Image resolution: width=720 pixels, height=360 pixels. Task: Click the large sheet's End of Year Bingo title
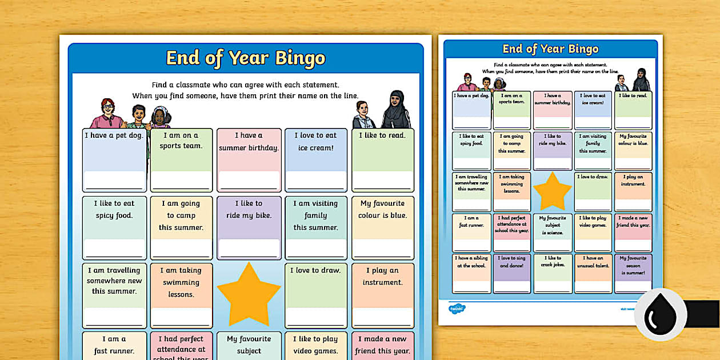(245, 58)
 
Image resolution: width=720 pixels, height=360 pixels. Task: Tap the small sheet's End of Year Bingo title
(550, 49)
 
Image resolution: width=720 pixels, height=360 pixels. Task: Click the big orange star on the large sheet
(249, 294)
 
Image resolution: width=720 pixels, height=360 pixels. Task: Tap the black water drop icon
(660, 314)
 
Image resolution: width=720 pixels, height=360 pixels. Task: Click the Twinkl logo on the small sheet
(457, 309)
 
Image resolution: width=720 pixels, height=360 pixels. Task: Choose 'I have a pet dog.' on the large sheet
(114, 135)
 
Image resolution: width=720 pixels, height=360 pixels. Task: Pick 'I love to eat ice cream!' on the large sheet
(315, 141)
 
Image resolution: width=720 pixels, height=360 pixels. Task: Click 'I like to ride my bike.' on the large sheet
(249, 209)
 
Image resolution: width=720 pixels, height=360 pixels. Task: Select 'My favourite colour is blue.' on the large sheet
(382, 209)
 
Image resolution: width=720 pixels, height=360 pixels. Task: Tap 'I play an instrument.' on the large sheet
(382, 276)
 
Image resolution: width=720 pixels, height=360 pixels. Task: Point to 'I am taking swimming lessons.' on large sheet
(181, 282)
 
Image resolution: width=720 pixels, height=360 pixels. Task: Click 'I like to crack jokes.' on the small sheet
(552, 262)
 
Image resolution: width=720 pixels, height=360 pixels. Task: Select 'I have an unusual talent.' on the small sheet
(593, 262)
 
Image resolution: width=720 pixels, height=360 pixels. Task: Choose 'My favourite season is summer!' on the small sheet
(633, 265)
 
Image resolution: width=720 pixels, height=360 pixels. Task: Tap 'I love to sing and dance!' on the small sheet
(512, 262)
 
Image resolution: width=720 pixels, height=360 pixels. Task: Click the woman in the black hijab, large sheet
(395, 110)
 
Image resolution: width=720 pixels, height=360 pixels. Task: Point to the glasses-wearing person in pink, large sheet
(107, 114)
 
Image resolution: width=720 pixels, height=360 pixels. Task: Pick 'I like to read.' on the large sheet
(382, 135)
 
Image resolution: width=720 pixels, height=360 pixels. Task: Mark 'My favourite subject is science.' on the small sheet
(552, 225)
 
